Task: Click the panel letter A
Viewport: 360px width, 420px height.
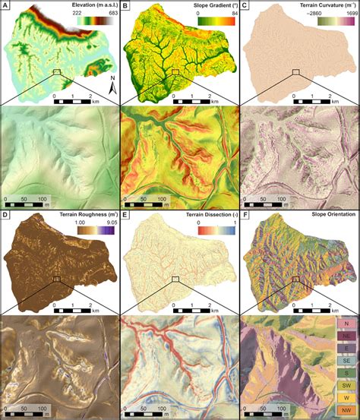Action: [x=6, y=6]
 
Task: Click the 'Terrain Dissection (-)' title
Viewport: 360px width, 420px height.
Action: [x=197, y=217]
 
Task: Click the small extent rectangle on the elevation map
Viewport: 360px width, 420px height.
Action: [x=56, y=72]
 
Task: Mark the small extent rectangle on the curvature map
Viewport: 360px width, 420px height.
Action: [x=296, y=72]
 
